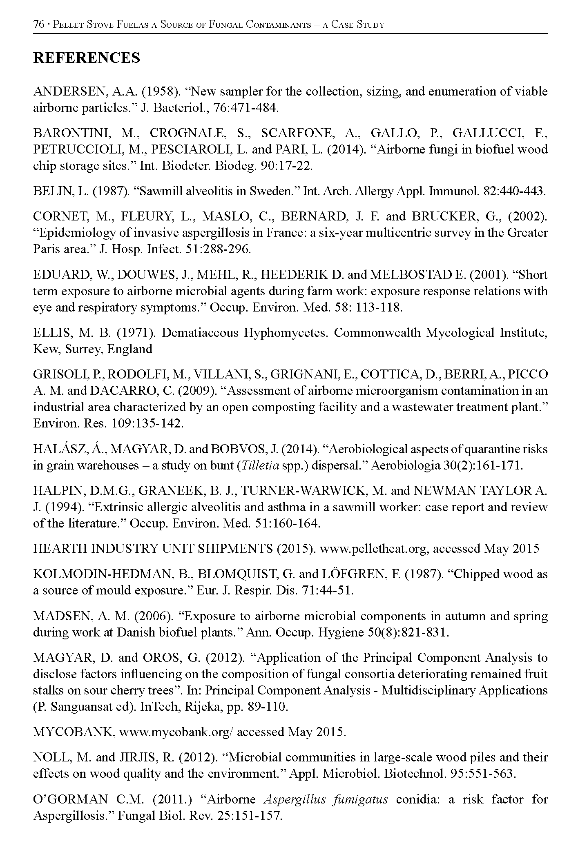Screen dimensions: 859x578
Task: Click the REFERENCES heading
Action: (x=86, y=58)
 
